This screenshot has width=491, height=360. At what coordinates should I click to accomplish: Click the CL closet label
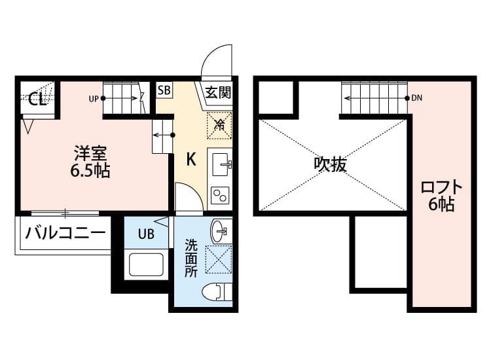tap(37, 99)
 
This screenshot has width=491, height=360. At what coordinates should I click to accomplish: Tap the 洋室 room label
tap(90, 154)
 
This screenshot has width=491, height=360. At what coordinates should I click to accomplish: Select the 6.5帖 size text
tap(90, 171)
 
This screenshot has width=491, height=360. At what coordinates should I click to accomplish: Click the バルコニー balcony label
tap(65, 233)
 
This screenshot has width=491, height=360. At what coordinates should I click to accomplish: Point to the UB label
tap(146, 234)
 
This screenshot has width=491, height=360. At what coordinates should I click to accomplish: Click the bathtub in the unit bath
tap(149, 265)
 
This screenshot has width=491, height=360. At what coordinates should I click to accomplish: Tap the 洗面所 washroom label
tap(191, 259)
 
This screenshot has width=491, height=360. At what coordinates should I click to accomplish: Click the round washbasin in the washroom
tap(219, 231)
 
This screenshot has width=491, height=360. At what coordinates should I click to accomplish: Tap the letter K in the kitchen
tap(191, 159)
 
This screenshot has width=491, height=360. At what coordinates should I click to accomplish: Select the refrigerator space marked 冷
tap(220, 124)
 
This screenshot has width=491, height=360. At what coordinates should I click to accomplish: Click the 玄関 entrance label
tap(218, 92)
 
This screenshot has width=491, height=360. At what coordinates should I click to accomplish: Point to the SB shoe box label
tap(164, 90)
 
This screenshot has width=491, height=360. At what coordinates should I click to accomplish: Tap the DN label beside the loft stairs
tap(417, 99)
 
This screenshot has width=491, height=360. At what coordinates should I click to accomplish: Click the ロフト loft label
tap(441, 187)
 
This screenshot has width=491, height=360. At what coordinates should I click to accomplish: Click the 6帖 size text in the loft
tap(441, 205)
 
